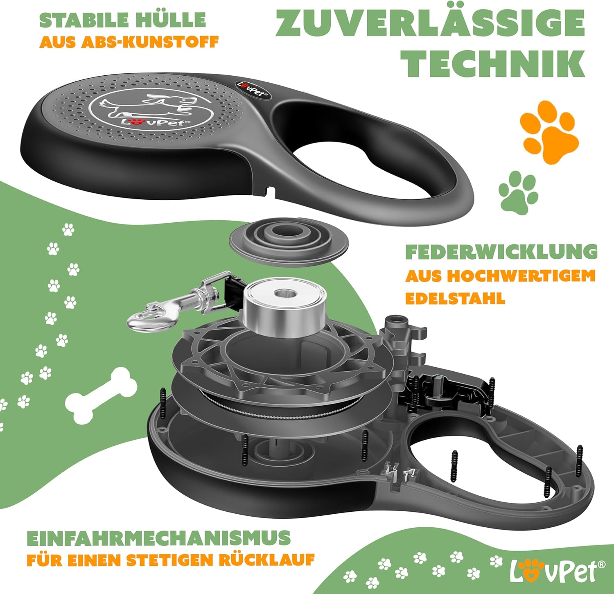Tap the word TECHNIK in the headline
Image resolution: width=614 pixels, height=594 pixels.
tap(493, 63)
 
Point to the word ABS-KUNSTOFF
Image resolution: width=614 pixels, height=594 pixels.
tap(150, 42)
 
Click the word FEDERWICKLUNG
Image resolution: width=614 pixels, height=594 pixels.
tap(501, 252)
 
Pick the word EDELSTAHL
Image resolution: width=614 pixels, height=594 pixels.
tap(455, 298)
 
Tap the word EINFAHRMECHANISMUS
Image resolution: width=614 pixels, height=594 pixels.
tap(158, 538)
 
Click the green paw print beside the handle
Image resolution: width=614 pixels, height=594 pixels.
tap(519, 192)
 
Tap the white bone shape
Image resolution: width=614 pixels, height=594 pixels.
tap(101, 395)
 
